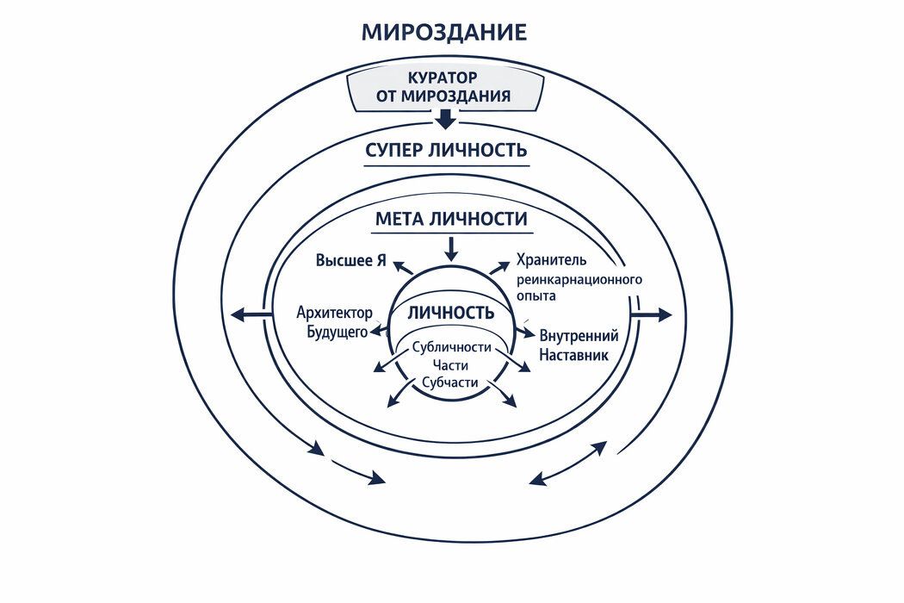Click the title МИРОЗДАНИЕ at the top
pos(443,33)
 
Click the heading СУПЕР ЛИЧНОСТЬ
pos(446,150)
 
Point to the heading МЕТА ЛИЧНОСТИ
pos(451,219)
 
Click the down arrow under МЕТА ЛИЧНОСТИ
pos(451,248)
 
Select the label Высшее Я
pos(350,261)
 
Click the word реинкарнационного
pos(579,279)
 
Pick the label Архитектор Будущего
pos(332,322)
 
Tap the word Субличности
pos(451,348)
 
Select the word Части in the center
pos(450,365)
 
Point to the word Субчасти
pos(450,382)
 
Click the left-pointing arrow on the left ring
pos(251,316)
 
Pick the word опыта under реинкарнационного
pos(536,295)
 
